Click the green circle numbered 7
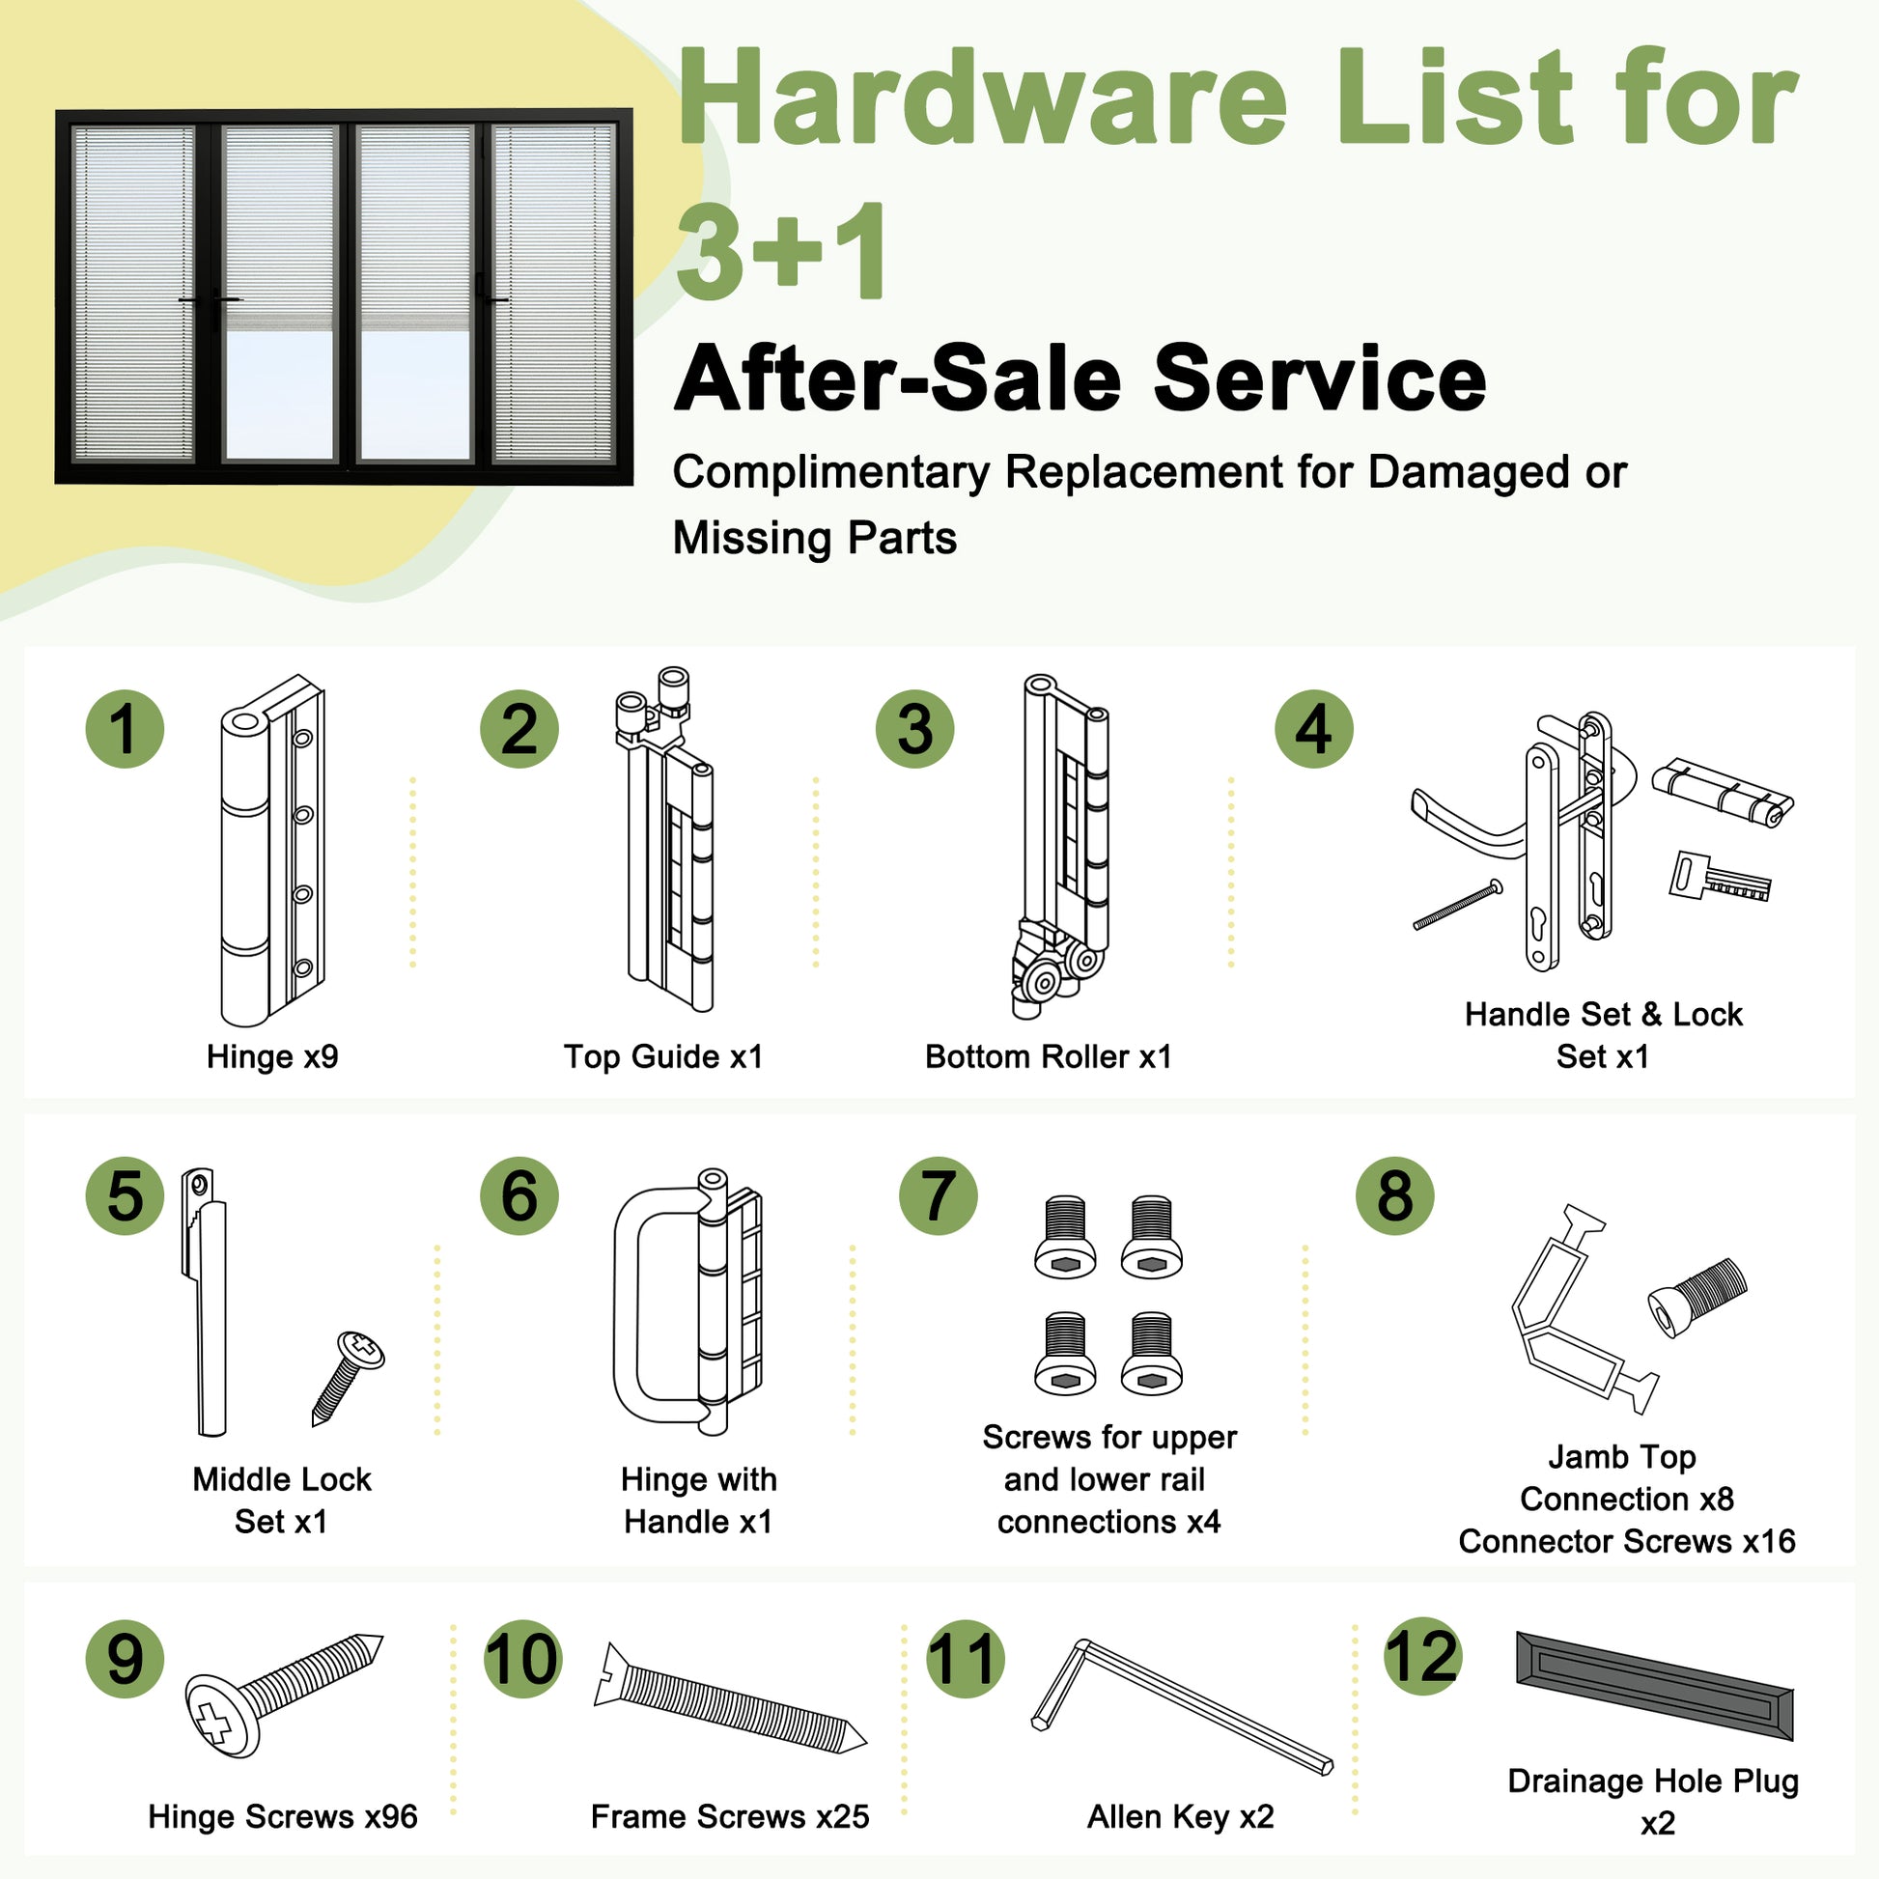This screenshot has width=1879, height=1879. point(938,1196)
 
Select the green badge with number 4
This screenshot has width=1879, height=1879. point(1314,729)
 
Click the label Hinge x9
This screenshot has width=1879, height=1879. point(272,1056)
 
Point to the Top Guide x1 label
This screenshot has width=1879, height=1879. point(663,1056)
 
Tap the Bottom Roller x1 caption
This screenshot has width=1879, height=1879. point(1049,1056)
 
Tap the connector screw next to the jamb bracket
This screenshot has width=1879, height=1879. point(1697,1298)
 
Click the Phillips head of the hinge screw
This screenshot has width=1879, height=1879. point(222,1717)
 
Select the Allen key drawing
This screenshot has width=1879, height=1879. point(1181,1707)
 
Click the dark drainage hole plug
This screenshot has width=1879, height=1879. point(1654,1686)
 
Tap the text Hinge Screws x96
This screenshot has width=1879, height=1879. point(283,1816)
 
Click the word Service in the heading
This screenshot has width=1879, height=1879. point(1320,379)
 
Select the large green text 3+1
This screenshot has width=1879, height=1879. point(782,251)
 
